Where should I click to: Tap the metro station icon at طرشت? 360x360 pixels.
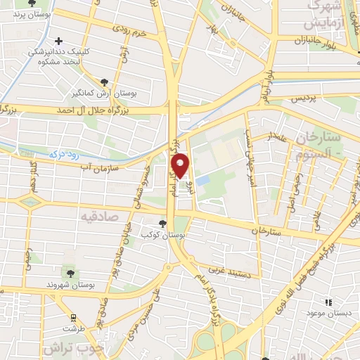[x=72, y=317]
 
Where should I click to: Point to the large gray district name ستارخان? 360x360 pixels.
[x=319, y=136]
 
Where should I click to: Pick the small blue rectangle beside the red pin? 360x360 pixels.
[x=202, y=180]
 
